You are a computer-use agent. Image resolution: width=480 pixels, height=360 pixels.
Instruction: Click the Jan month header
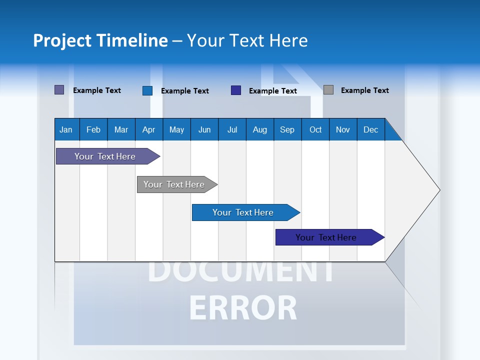(66, 129)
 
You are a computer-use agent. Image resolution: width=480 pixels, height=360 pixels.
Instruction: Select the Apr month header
(148, 129)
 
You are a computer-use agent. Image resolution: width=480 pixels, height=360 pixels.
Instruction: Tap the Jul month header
(232, 129)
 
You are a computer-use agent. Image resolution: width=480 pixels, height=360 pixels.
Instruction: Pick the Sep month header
(287, 129)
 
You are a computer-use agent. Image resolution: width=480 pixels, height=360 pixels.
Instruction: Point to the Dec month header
(370, 129)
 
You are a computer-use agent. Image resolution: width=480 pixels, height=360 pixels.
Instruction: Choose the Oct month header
(315, 129)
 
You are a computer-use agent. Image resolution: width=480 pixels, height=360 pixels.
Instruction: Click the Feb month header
(93, 129)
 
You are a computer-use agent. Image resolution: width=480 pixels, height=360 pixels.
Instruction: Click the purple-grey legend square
(59, 90)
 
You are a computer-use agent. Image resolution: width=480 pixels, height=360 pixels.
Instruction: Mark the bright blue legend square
(147, 90)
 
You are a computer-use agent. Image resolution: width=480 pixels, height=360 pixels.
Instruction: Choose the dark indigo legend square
(236, 90)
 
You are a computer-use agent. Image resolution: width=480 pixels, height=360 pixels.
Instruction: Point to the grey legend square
(328, 90)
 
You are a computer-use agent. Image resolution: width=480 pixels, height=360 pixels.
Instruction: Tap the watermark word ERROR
(243, 308)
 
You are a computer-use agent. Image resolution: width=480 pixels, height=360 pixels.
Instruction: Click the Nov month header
(343, 129)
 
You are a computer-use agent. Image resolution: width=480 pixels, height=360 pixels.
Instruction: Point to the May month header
(176, 129)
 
